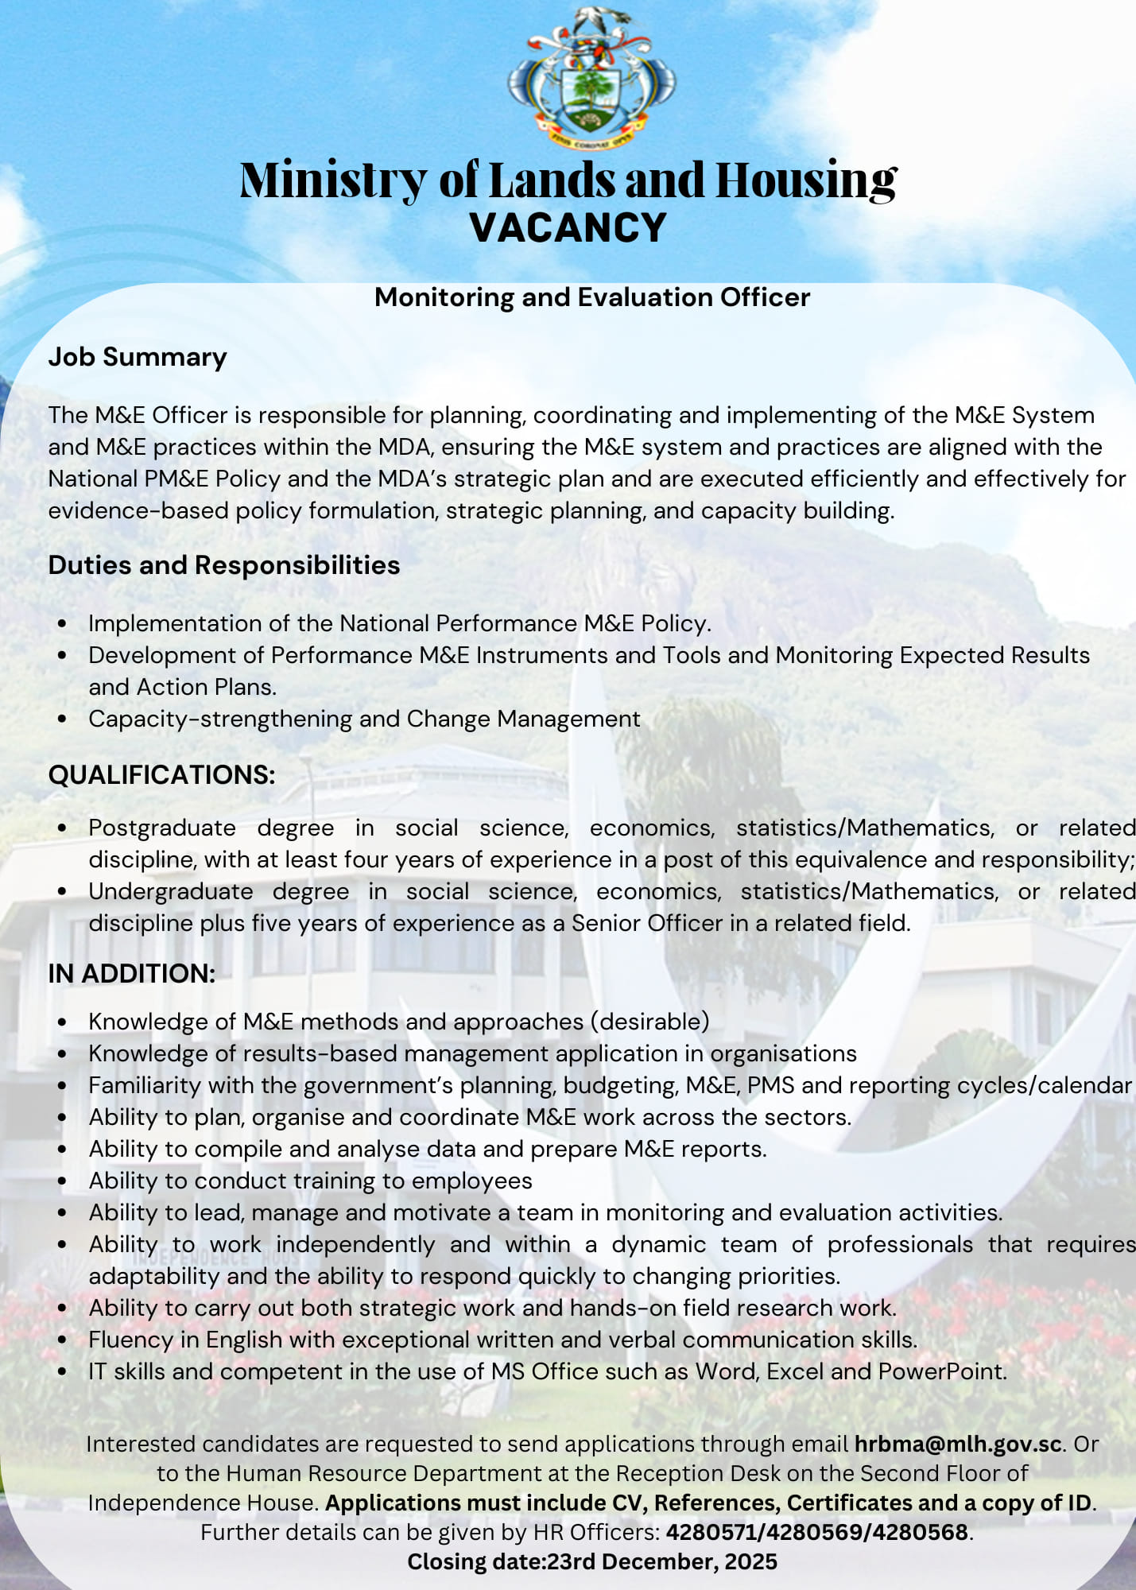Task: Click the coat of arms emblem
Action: [591, 78]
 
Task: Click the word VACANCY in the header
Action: [568, 228]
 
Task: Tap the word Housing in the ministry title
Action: [805, 180]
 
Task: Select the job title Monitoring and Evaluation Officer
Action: [591, 297]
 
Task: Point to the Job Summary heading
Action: [138, 357]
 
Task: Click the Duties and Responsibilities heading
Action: [223, 565]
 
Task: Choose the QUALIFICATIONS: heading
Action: [161, 774]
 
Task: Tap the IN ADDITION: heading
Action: [132, 973]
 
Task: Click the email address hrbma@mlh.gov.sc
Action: [958, 1444]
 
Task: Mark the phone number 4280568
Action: [921, 1532]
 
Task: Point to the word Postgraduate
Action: [162, 828]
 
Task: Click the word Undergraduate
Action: [171, 891]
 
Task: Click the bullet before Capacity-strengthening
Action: [63, 719]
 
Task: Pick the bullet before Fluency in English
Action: [63, 1340]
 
